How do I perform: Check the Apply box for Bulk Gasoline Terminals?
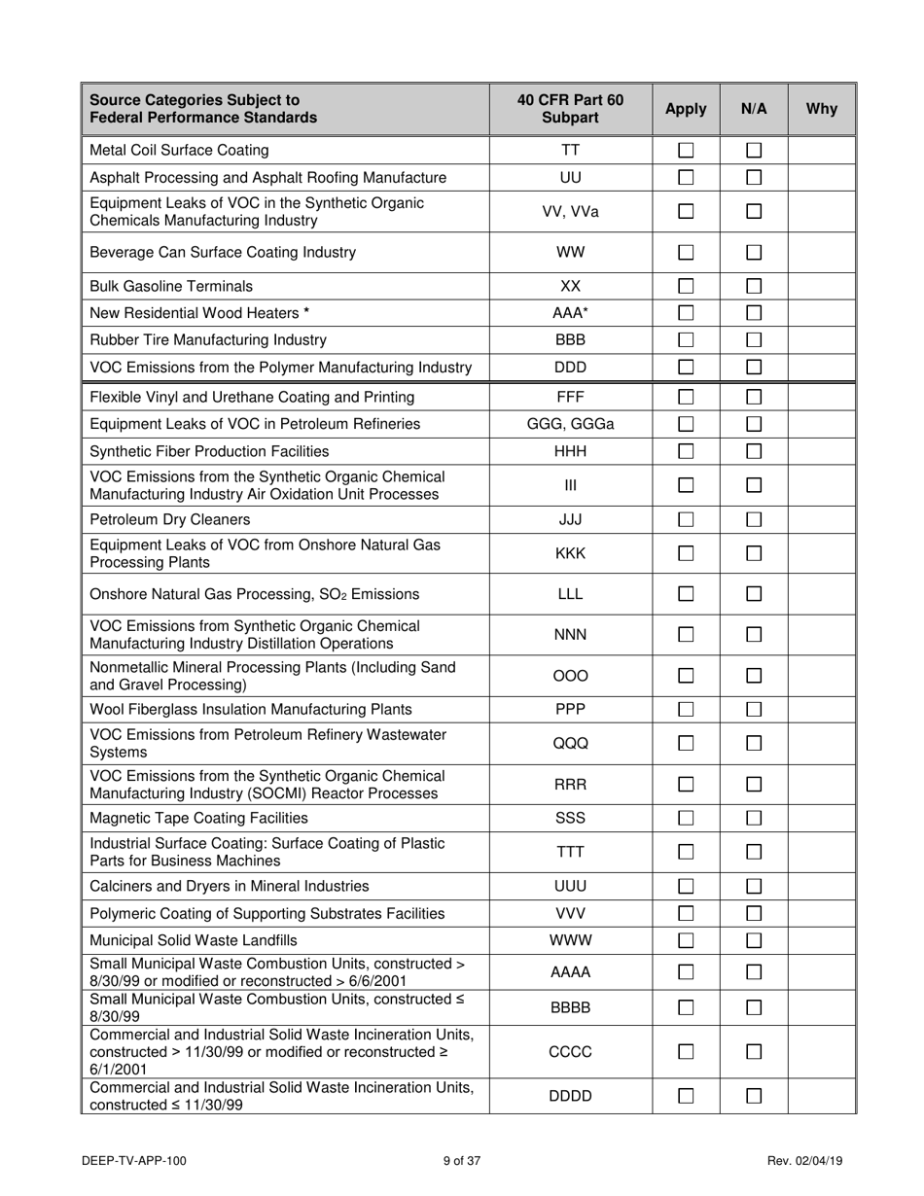coord(686,286)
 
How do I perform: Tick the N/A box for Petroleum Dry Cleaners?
coord(754,519)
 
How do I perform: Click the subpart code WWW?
coord(570,940)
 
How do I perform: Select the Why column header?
coord(822,109)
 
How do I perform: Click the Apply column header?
coord(686,109)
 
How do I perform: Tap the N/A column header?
coord(754,109)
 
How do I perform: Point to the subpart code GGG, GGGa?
coord(570,424)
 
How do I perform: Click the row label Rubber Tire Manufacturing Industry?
coord(208,340)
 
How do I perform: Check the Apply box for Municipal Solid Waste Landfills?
coord(686,940)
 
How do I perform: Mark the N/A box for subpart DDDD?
coord(754,1096)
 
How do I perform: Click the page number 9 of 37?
coord(462,1160)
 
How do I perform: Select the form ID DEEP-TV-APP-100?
coord(134,1160)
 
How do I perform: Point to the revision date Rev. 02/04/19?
coord(805,1160)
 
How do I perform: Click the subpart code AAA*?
coord(570,313)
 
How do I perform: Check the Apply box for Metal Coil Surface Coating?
coord(686,150)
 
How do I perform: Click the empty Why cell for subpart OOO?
coord(822,676)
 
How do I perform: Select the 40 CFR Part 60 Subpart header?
coord(570,109)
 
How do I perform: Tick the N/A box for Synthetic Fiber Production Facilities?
coord(754,451)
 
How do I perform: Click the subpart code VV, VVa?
coord(570,211)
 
